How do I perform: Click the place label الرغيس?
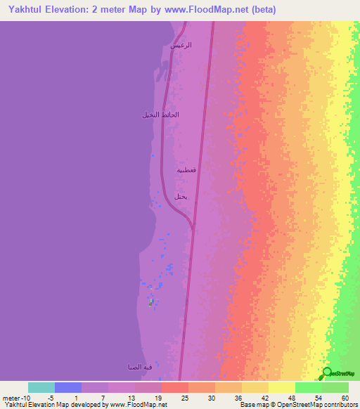tap(181, 45)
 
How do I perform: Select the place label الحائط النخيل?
tap(160, 115)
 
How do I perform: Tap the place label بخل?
tap(180, 197)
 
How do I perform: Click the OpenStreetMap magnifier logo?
tap(328, 374)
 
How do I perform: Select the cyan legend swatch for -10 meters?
tap(41, 387)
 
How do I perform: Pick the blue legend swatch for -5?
tap(68, 387)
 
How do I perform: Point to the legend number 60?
tap(344, 397)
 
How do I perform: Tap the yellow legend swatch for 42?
tap(255, 387)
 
